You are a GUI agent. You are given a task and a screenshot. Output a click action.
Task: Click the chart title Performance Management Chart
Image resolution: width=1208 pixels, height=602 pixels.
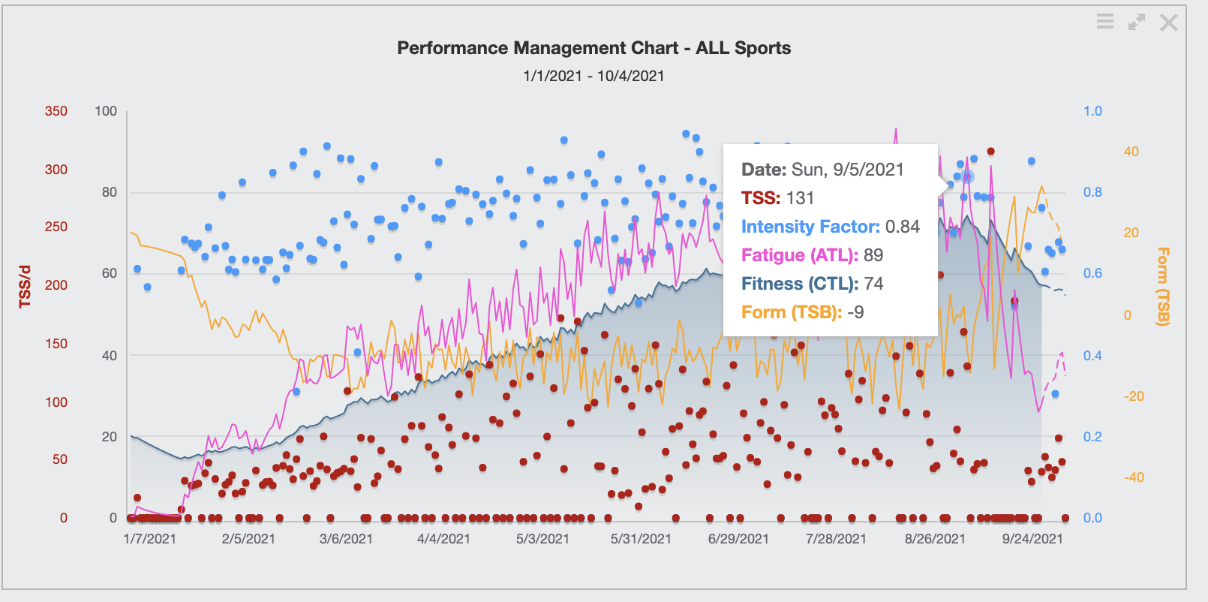(x=593, y=48)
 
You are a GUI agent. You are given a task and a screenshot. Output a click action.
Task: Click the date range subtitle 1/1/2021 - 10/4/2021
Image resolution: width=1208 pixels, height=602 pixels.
(x=593, y=76)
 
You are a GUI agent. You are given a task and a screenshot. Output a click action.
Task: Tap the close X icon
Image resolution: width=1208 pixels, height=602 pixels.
(x=1168, y=23)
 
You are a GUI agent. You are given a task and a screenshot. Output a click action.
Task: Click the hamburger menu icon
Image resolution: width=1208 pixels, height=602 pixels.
(x=1104, y=22)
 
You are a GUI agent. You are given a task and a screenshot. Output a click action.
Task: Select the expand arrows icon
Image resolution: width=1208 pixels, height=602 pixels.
(x=1137, y=23)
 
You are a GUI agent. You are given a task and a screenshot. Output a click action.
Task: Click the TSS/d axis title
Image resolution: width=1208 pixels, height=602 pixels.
(x=26, y=286)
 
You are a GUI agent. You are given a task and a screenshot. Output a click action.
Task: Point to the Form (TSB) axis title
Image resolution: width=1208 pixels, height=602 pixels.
(x=1162, y=286)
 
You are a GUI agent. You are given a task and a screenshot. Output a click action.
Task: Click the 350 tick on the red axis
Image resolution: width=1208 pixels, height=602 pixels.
(x=56, y=111)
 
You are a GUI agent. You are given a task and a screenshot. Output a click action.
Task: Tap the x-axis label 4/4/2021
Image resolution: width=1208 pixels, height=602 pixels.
(x=443, y=539)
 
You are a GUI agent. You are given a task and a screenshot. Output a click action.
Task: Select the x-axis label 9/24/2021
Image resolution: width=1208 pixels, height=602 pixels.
(x=1032, y=539)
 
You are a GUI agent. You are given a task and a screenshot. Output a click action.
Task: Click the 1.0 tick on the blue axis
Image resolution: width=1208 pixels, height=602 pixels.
(x=1092, y=111)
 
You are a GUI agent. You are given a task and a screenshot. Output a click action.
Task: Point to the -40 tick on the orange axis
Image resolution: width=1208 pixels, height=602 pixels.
(x=1134, y=477)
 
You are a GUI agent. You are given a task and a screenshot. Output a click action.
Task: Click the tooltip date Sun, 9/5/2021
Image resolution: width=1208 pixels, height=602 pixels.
(x=848, y=170)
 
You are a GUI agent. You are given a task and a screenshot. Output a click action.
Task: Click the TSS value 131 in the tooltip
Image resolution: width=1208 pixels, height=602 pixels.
(x=800, y=198)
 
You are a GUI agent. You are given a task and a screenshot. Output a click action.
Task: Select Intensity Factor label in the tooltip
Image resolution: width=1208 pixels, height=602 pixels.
(x=810, y=227)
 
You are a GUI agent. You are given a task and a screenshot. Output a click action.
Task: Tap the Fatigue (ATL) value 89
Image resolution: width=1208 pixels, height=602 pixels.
(x=873, y=255)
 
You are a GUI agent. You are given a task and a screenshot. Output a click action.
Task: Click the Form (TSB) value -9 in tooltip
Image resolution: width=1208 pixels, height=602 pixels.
(x=855, y=312)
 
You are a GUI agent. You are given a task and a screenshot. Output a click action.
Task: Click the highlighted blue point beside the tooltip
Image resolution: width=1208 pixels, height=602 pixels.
(x=968, y=176)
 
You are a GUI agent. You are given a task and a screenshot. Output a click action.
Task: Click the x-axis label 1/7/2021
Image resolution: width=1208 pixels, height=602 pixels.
(x=150, y=539)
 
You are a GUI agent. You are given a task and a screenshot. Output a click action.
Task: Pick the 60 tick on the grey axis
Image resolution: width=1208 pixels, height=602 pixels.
(x=110, y=273)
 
